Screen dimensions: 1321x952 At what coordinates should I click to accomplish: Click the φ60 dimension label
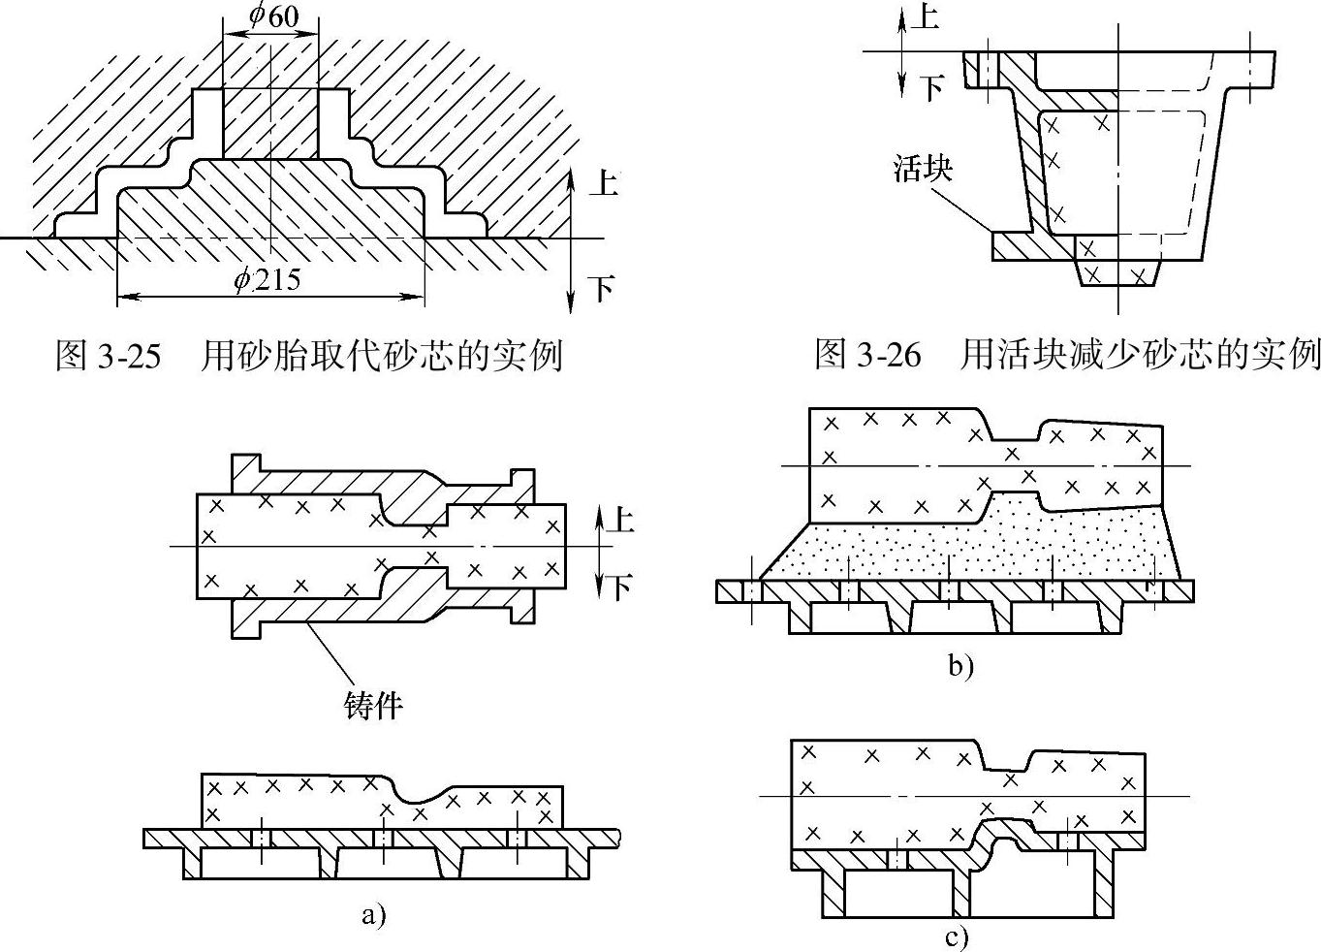(273, 16)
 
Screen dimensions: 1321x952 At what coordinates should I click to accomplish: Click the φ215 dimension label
(267, 278)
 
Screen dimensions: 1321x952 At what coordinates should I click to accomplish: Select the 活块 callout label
(923, 168)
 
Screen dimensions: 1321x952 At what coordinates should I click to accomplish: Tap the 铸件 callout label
(373, 705)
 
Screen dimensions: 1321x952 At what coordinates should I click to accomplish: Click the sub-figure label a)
(374, 915)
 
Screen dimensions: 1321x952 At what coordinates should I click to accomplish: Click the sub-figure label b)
(961, 665)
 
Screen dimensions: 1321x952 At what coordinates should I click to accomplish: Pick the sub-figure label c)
(957, 937)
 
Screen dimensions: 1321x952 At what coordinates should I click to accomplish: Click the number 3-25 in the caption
(128, 356)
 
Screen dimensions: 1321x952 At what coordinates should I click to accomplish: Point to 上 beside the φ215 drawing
(603, 182)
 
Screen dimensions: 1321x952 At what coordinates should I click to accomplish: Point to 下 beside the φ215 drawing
(602, 289)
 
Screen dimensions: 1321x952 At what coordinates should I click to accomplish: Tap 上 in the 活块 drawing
(925, 16)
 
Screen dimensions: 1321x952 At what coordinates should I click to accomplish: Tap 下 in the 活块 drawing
(932, 88)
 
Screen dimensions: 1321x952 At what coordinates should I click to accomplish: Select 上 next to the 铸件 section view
(620, 519)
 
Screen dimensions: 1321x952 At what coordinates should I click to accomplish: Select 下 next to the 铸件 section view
(620, 587)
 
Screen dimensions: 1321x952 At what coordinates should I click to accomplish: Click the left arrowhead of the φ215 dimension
(126, 296)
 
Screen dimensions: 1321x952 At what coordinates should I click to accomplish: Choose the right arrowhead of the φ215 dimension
(417, 296)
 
